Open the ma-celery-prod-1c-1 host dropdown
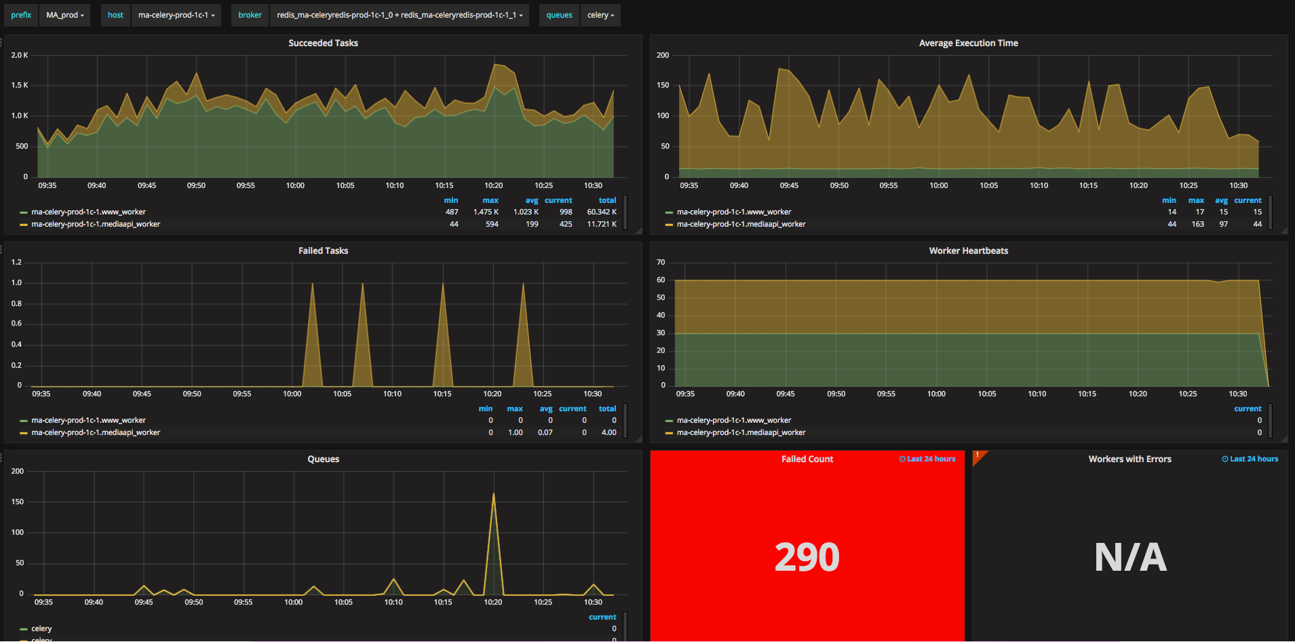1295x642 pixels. click(x=176, y=15)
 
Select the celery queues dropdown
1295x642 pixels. click(x=600, y=15)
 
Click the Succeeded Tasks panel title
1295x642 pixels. click(x=323, y=43)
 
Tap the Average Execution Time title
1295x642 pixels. click(x=968, y=43)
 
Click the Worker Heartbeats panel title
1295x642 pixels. click(x=968, y=250)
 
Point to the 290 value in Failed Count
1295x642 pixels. click(x=807, y=557)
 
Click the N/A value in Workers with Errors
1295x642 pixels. click(x=1130, y=557)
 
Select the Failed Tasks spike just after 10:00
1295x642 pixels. click(x=312, y=285)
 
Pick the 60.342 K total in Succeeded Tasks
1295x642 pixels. click(x=602, y=212)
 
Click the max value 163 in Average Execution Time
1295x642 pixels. click(x=1197, y=224)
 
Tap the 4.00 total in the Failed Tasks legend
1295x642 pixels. click(x=608, y=432)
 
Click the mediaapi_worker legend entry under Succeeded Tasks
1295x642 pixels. click(x=96, y=224)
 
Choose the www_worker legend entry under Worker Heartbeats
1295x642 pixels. click(x=733, y=420)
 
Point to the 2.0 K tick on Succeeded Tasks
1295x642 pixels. click(x=20, y=55)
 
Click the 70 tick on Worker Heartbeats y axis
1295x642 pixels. click(x=661, y=262)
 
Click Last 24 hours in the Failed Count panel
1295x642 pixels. click(x=927, y=459)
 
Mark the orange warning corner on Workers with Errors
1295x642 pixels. click(x=978, y=455)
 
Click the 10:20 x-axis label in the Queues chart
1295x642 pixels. click(x=493, y=602)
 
